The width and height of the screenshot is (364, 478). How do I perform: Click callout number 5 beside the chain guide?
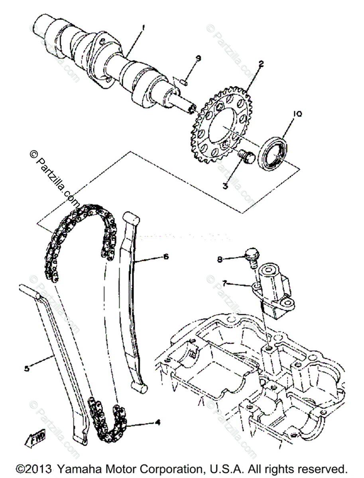(x=27, y=368)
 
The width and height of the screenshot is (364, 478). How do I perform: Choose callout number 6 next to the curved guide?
(x=166, y=257)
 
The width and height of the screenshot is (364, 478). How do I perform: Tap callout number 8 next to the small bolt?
(x=220, y=260)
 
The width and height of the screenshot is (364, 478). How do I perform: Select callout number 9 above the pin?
(x=198, y=59)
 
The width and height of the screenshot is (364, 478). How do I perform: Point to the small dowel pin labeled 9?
(x=184, y=82)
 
